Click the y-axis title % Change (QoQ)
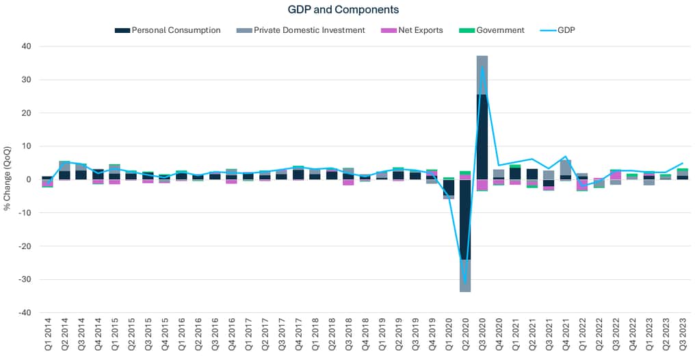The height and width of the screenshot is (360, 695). (8, 179)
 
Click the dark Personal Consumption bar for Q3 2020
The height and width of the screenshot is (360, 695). (482, 137)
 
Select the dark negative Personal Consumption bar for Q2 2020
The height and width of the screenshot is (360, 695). (465, 219)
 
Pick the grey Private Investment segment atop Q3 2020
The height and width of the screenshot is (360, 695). (482, 75)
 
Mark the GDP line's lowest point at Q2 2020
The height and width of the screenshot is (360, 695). (465, 281)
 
